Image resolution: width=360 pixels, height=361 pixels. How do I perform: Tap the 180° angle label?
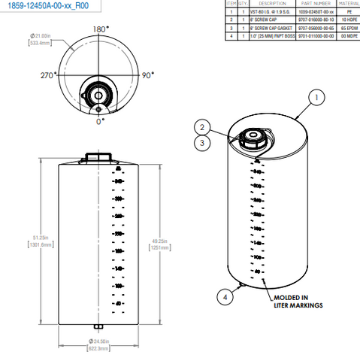[x=99, y=29]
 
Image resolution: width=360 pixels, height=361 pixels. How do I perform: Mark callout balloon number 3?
[x=201, y=141]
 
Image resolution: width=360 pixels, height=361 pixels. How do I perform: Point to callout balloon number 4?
[x=223, y=296]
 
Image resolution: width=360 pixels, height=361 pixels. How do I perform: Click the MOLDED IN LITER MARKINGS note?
[x=298, y=302]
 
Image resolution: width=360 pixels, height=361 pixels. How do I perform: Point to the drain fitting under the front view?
[x=98, y=326]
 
